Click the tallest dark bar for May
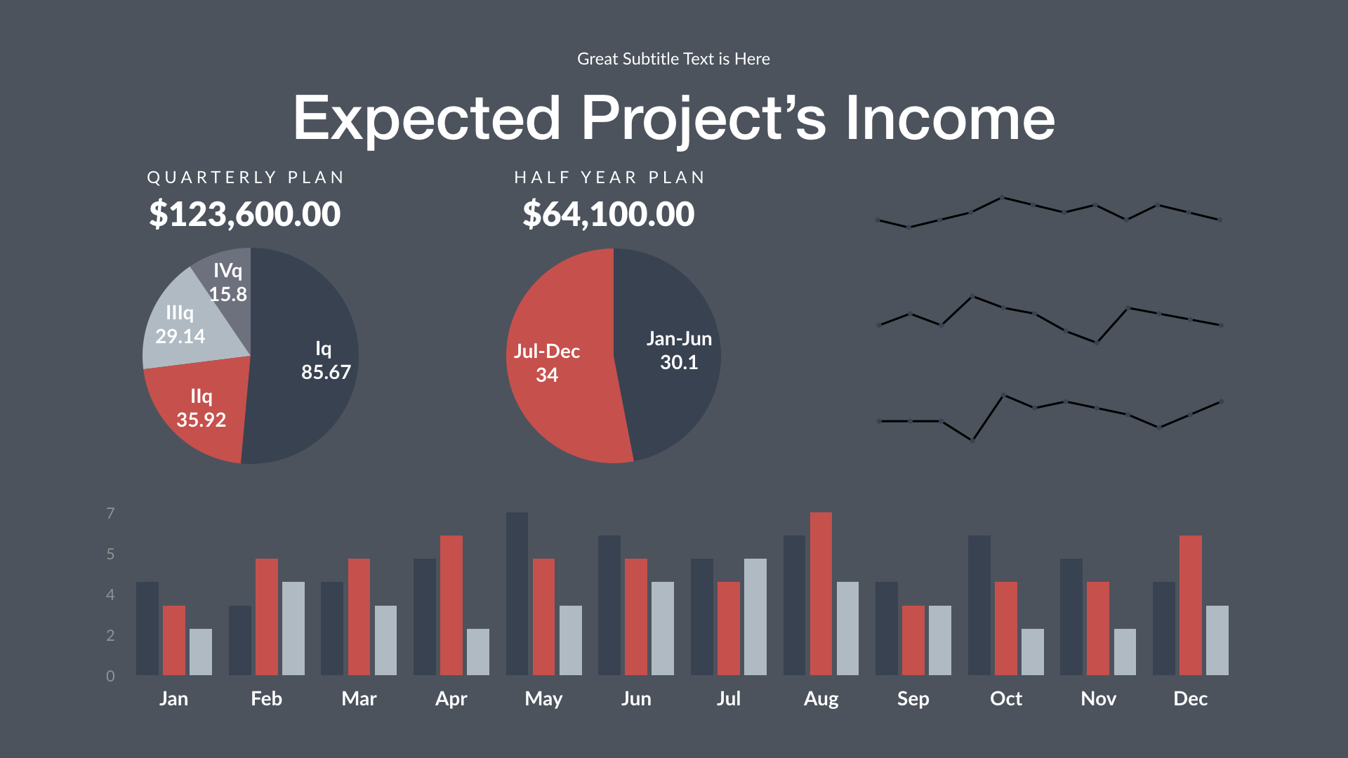click(517, 594)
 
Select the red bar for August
click(821, 594)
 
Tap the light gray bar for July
click(755, 617)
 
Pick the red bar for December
click(1191, 605)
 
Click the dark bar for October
click(979, 605)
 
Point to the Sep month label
click(913, 698)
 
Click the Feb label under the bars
click(266, 698)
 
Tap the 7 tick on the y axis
click(110, 514)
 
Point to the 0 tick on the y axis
click(110, 676)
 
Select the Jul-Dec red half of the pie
click(555, 393)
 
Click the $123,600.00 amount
click(244, 214)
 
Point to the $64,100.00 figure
click(608, 214)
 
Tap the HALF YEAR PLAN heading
click(609, 178)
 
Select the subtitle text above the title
click(673, 59)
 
